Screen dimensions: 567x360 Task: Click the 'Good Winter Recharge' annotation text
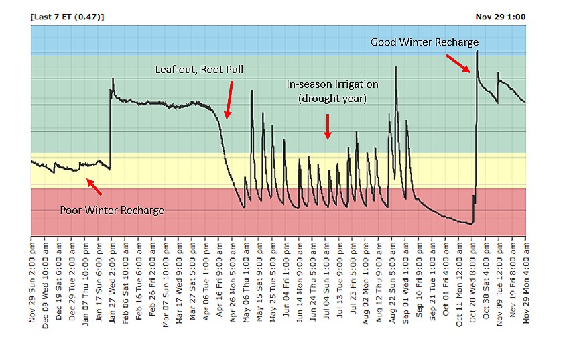[424, 42]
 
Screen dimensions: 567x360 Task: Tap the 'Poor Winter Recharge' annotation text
[112, 211]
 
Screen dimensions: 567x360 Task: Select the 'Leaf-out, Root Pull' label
[199, 70]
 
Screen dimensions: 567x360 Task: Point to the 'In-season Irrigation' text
[332, 84]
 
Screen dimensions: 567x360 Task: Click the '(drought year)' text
[332, 99]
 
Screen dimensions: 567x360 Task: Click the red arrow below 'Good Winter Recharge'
[458, 64]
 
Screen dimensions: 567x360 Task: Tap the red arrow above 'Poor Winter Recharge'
[94, 187]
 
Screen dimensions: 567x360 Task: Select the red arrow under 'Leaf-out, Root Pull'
[229, 100]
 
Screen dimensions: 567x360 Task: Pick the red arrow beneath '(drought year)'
[328, 127]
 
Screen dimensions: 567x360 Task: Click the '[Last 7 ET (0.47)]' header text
[67, 17]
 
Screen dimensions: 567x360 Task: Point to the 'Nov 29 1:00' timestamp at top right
[501, 17]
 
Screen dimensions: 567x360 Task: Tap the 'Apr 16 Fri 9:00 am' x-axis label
[219, 280]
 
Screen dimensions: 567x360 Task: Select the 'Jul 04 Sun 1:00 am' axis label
[326, 280]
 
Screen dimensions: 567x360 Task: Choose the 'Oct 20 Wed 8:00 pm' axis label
[473, 282]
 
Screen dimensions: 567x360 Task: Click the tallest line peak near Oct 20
[477, 51]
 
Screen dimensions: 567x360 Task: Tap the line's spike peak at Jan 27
[113, 78]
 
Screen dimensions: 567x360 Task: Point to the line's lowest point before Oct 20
[471, 225]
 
